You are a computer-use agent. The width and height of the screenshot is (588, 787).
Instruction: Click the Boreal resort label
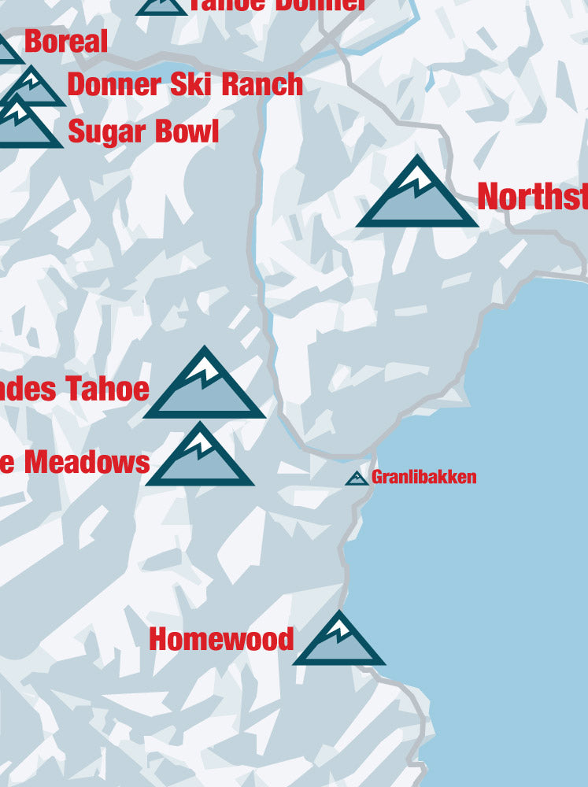[x=66, y=42]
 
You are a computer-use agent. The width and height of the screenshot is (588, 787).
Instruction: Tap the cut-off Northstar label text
[x=532, y=196]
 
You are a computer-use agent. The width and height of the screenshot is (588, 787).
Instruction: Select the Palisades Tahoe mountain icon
[x=205, y=387]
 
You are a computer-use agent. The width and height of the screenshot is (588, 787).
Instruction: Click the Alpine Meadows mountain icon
[x=200, y=459]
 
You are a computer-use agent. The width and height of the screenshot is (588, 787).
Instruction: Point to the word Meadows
[x=87, y=462]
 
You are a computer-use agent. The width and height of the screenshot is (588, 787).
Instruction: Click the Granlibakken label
[x=423, y=477]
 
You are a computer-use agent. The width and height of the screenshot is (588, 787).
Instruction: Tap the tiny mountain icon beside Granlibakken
[x=357, y=478]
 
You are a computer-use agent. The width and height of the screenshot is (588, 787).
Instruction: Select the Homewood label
[x=221, y=639]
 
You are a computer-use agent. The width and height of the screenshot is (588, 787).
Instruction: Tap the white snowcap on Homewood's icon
[x=339, y=628]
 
